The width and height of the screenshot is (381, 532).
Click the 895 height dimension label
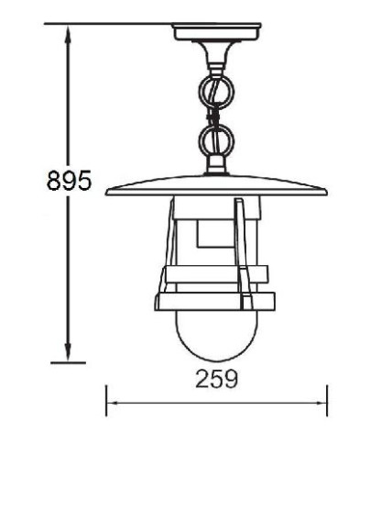pos(69,180)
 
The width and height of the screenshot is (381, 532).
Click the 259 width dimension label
pos(217,379)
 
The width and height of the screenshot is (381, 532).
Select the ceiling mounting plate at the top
pos(217,32)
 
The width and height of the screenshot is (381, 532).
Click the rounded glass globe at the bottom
pos(216,336)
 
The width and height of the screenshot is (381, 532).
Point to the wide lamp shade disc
pos(216,186)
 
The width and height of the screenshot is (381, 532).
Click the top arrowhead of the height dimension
pos(68,34)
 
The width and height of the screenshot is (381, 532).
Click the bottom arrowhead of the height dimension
pos(68,352)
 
